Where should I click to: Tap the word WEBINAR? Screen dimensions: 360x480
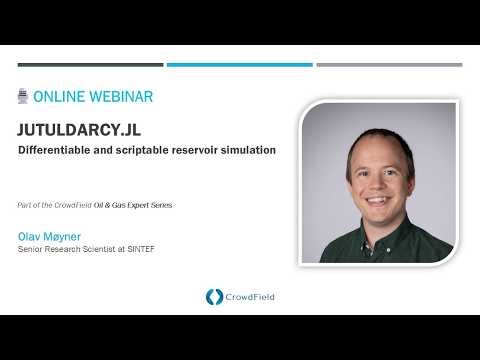[119, 97]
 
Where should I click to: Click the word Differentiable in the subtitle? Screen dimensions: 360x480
[58, 150]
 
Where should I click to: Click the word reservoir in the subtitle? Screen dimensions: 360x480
[205, 150]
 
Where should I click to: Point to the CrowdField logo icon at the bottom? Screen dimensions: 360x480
[213, 296]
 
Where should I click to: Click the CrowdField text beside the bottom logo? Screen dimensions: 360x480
[248, 296]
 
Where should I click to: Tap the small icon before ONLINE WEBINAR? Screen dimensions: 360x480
[23, 97]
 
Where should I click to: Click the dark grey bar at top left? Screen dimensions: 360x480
[89, 65]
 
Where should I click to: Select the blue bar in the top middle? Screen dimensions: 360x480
[239, 65]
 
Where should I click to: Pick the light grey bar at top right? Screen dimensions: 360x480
[389, 65]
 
